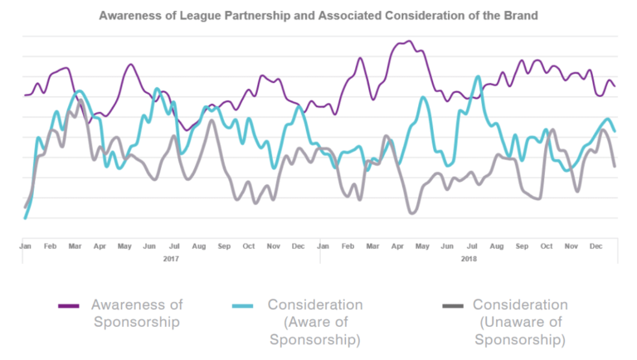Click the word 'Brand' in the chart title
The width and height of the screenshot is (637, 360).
518,15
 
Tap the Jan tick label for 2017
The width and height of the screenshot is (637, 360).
26,246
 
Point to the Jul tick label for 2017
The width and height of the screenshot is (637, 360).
174,246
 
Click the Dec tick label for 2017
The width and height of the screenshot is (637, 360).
298,246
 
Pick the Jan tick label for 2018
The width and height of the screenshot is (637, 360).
323,246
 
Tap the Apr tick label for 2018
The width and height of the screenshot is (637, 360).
397,246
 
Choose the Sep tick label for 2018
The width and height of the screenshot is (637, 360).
522,246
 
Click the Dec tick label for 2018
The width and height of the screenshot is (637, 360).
596,246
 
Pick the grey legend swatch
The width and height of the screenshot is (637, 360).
452,306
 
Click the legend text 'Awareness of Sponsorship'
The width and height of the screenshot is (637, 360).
136,314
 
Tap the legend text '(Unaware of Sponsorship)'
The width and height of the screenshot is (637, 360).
520,331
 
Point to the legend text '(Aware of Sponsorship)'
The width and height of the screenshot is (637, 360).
315,331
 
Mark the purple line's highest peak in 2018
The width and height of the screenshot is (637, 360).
408,41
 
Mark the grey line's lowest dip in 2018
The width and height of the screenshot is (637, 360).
411,213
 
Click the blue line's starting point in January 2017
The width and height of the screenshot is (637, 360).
26,218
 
